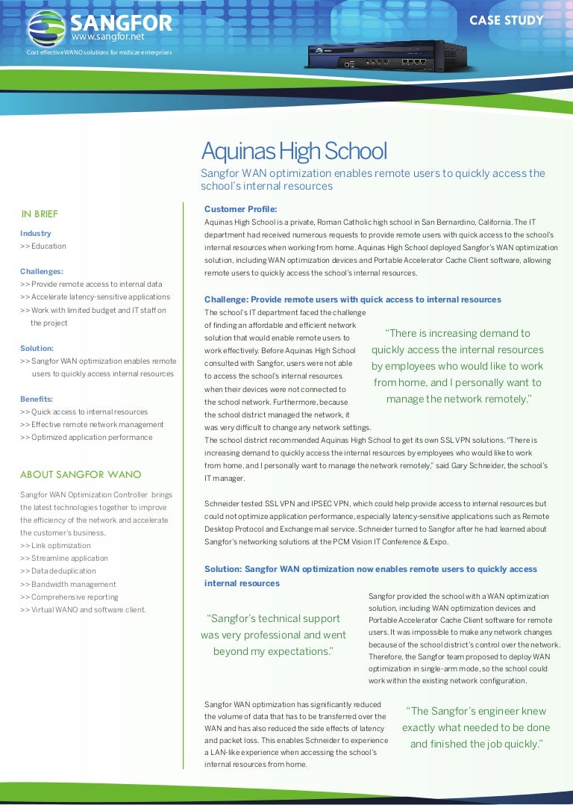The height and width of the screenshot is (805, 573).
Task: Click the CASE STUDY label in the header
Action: click(506, 20)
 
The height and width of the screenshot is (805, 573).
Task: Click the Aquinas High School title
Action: click(294, 152)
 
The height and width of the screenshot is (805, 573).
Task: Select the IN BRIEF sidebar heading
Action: click(40, 214)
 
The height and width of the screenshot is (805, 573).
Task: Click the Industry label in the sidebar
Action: click(36, 233)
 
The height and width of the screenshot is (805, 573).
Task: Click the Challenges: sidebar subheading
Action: click(42, 271)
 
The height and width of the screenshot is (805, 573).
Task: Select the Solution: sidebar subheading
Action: click(37, 348)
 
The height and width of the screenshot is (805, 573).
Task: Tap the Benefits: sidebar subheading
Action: click(37, 399)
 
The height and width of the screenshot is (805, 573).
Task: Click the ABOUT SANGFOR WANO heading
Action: click(81, 474)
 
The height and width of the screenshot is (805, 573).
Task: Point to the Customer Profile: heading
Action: click(240, 208)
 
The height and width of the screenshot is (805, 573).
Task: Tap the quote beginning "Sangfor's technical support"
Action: click(273, 635)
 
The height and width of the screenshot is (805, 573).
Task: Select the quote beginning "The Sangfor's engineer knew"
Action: click(476, 727)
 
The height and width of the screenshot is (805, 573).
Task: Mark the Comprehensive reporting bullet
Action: click(69, 597)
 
